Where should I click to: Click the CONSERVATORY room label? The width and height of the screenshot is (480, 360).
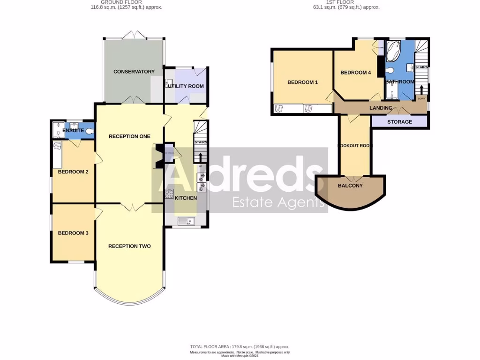[x=134, y=72]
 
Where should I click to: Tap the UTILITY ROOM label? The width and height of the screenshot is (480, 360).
[x=186, y=86]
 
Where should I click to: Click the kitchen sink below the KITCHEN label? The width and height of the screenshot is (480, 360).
[x=186, y=221]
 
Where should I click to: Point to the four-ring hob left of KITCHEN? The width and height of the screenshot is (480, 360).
[x=169, y=194]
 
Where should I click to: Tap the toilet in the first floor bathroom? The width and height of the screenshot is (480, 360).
[x=390, y=71]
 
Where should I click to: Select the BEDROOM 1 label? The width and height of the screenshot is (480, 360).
[x=302, y=82]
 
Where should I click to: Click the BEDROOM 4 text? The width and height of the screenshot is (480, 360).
[x=355, y=73]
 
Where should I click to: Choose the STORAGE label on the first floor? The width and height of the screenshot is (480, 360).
[x=399, y=122]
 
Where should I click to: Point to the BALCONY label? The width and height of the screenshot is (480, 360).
[x=350, y=186]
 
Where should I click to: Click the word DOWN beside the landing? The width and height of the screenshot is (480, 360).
[x=421, y=98]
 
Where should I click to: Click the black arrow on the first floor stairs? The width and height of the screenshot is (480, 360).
[x=421, y=89]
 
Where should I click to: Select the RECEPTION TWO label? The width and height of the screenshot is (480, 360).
[x=129, y=246]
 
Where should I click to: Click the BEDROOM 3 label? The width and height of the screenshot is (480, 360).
[x=73, y=233]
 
